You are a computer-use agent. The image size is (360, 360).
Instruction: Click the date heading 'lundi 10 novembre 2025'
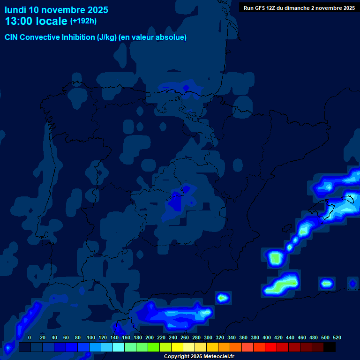click(56, 10)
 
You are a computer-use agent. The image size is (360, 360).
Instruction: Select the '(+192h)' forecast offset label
click(83, 21)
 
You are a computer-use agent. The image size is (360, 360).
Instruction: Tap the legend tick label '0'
click(30, 337)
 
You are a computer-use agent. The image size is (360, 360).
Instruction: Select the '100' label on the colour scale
click(91, 337)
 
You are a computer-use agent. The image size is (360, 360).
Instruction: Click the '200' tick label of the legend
click(150, 337)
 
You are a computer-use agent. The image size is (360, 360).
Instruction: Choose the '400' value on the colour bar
click(267, 337)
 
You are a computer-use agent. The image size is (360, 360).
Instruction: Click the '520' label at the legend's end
click(337, 337)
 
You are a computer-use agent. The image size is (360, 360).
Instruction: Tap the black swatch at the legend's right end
click(329, 347)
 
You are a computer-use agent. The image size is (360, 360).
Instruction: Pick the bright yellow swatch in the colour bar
click(177, 347)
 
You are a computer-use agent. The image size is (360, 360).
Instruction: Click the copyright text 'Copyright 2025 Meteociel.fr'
click(199, 356)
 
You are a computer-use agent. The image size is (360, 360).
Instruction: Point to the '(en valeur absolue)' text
click(153, 37)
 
